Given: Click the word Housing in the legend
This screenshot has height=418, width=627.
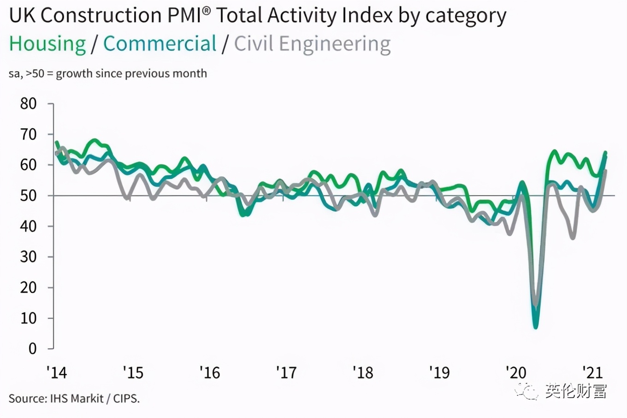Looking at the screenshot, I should [47, 44].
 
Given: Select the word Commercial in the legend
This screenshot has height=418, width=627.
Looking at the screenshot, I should [160, 44].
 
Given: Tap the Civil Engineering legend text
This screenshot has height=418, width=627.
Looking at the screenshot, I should [312, 44].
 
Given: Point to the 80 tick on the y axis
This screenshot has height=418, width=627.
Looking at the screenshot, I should [28, 104].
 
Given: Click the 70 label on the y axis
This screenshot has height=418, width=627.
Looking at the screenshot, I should [28, 135].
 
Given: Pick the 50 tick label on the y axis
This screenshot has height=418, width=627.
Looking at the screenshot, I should [28, 196].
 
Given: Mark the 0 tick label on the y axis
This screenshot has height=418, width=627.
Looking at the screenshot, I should [32, 349].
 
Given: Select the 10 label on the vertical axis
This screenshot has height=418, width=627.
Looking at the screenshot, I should [28, 318].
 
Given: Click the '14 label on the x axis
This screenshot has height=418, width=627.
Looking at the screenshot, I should [57, 372].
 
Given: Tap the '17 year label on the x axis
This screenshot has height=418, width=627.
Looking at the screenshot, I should [286, 372].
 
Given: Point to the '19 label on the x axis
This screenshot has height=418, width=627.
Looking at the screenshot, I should [439, 372].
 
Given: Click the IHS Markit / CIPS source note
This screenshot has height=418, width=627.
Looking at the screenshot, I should [74, 398].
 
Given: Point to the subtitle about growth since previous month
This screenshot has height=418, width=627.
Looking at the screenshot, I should [108, 74].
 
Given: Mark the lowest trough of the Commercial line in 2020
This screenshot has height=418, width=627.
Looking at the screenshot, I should [536, 327].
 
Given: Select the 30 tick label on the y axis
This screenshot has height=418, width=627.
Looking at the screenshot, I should [28, 257].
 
